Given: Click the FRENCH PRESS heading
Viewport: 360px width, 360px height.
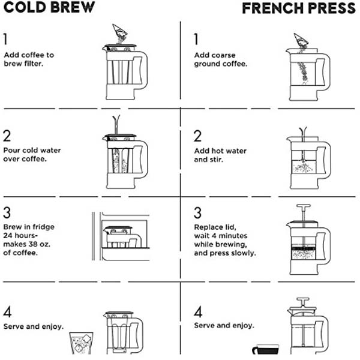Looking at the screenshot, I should click(298, 8).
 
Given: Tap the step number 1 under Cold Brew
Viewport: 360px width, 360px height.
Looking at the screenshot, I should click(6, 40).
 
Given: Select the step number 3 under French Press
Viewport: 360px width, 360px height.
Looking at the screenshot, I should click(197, 213).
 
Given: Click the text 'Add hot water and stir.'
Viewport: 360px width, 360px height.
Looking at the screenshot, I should click(220, 155).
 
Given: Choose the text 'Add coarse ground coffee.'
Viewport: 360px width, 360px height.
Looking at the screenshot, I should click(220, 59).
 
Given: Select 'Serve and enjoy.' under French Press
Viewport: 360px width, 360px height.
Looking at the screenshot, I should click(224, 325).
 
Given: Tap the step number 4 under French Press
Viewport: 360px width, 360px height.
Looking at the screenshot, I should click(197, 311).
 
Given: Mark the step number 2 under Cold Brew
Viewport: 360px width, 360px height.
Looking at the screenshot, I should click(7, 135).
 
